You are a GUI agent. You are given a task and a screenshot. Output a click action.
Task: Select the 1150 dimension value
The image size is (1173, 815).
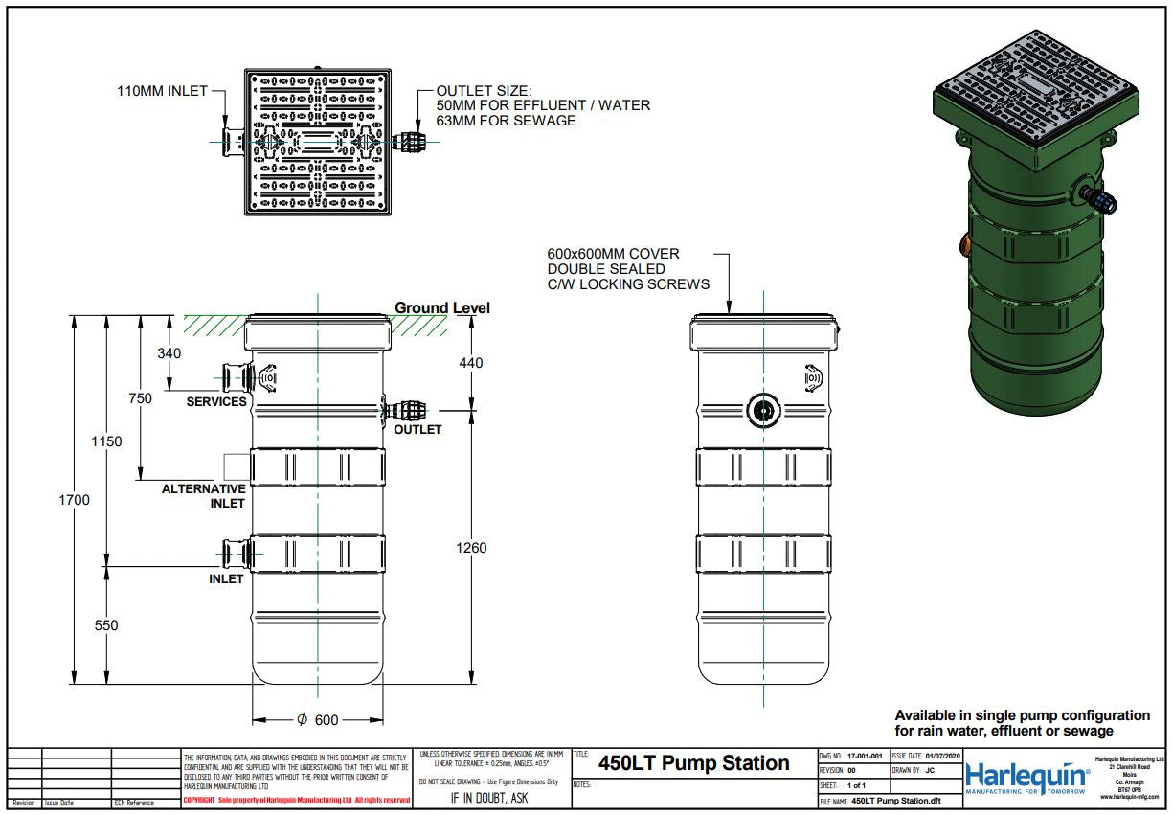(x=106, y=441)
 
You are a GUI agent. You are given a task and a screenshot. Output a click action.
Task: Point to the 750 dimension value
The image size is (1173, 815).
(x=141, y=398)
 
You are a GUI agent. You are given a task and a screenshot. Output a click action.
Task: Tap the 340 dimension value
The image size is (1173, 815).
(x=168, y=353)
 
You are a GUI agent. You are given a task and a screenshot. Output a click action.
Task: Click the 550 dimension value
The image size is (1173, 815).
(x=106, y=625)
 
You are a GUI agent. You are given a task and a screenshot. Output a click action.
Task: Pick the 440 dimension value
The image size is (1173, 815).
(x=471, y=363)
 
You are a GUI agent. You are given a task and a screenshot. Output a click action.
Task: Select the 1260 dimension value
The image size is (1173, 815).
(x=471, y=548)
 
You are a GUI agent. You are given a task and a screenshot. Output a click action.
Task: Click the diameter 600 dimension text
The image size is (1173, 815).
(x=319, y=720)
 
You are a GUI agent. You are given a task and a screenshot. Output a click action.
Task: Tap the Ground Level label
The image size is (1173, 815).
(x=441, y=307)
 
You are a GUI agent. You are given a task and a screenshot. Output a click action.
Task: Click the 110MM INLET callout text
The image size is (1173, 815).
(x=162, y=91)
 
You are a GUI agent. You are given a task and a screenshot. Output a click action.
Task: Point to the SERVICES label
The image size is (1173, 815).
(x=216, y=401)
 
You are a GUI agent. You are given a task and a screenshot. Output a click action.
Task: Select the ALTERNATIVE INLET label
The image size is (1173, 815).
(x=204, y=496)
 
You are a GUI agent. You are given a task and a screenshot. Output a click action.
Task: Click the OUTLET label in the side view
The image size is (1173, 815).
(x=417, y=429)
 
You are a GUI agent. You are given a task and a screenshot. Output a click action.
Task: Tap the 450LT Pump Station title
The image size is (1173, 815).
(x=693, y=763)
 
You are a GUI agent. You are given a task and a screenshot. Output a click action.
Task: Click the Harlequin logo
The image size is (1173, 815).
(x=1026, y=777)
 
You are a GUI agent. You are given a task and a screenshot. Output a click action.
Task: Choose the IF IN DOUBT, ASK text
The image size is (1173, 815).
(x=489, y=798)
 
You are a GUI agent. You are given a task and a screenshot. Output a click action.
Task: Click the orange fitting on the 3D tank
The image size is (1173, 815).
(x=964, y=247)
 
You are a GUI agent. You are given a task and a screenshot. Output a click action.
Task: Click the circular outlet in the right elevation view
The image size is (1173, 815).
(x=763, y=410)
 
